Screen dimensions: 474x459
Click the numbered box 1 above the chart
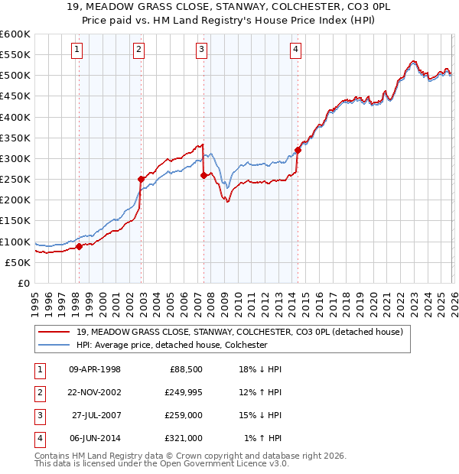point(78,50)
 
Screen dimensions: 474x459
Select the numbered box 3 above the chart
point(201,50)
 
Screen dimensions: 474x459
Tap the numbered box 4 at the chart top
point(295,50)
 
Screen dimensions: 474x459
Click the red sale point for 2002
point(141,180)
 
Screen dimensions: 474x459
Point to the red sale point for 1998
point(79,246)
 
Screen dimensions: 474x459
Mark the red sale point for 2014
point(298,150)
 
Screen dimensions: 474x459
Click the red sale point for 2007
point(203,175)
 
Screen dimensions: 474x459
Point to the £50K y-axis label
point(18,262)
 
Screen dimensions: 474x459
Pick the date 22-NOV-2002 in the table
point(90,393)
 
